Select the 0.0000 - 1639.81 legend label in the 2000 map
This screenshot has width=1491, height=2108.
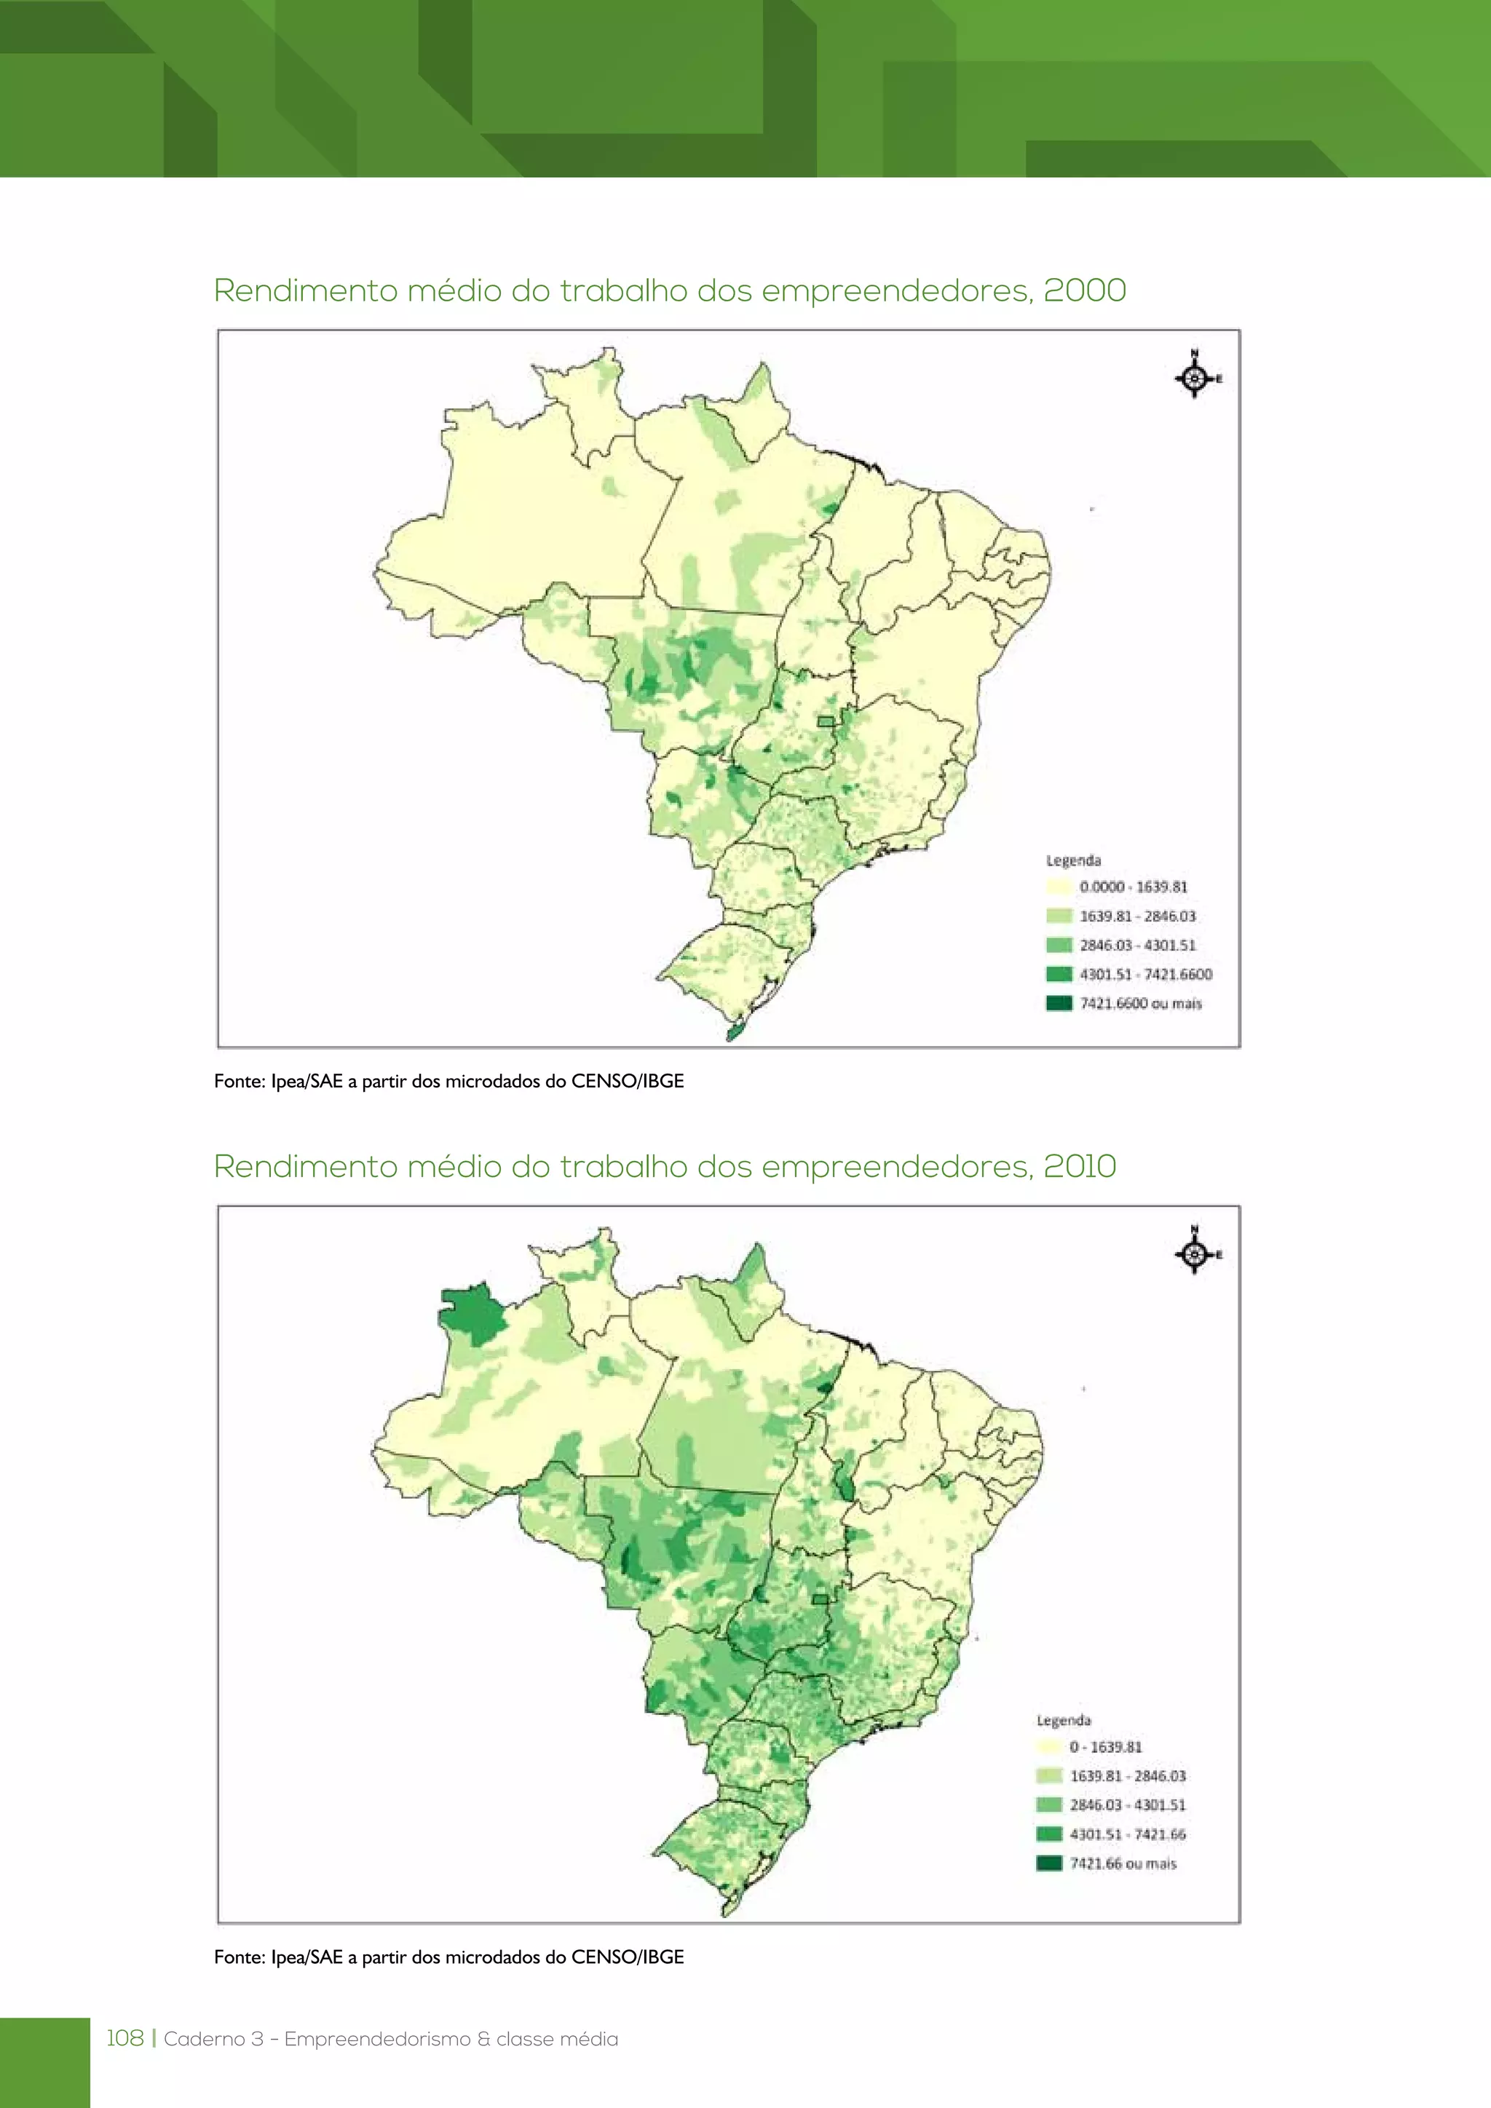(x=1133, y=887)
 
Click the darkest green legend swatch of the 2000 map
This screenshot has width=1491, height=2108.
(x=1059, y=1002)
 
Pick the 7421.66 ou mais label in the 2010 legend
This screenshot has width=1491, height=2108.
(x=1122, y=1863)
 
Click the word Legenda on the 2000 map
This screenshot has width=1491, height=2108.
(x=1072, y=860)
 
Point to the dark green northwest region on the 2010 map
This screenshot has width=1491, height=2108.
(x=472, y=1315)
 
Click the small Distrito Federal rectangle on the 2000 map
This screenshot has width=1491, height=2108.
(x=826, y=721)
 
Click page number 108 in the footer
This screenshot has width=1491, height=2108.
(x=125, y=2038)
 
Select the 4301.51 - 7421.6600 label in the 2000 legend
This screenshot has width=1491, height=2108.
(x=1145, y=974)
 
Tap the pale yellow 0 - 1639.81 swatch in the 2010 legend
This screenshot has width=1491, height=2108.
(x=1048, y=1746)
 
